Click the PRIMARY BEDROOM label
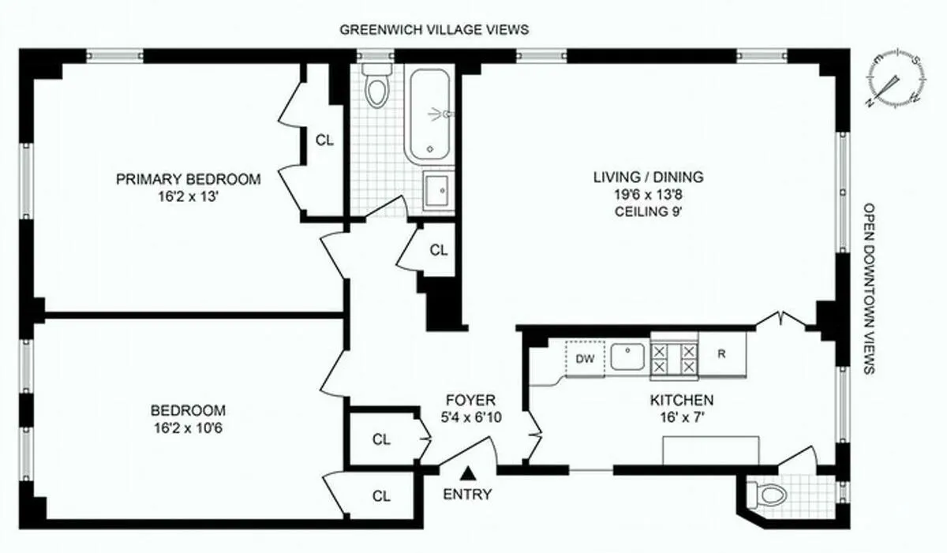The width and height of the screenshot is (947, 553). coord(188,179)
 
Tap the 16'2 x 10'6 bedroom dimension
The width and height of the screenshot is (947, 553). coord(188,429)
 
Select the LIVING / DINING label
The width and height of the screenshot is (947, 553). coord(648,177)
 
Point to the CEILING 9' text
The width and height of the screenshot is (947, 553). coord(648,211)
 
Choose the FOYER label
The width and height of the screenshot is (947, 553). coord(469,400)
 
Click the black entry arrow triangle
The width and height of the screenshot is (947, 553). coord(469,473)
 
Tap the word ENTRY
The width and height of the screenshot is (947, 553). coord(467,495)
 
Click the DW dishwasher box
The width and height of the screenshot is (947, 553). coord(585,359)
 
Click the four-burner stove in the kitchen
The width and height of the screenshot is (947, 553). coord(675,358)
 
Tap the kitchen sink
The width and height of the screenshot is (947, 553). coord(628,357)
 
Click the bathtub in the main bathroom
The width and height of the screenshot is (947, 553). coord(428,115)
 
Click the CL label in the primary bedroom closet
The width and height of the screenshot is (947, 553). coord(324,140)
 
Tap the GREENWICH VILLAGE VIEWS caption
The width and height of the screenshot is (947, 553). coord(433,30)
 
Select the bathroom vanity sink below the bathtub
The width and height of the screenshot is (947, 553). coord(438,189)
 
